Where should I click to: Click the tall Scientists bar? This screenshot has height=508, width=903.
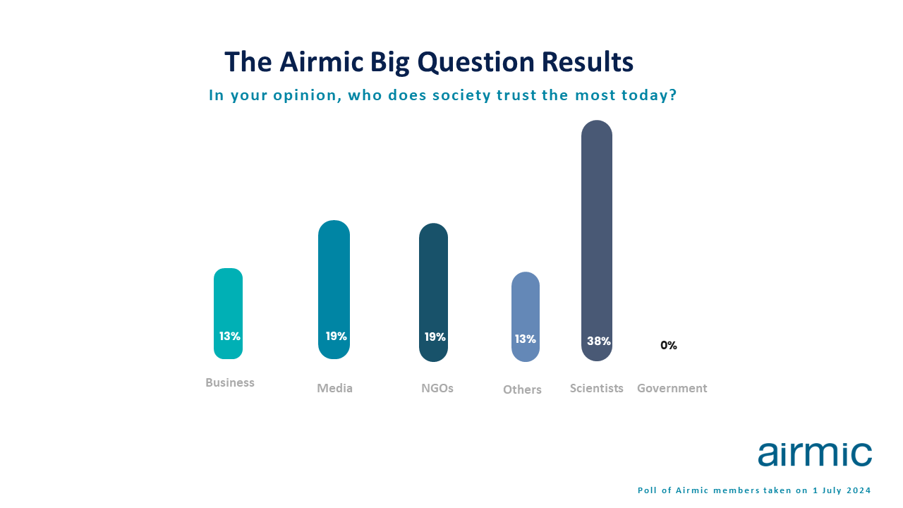point(597,241)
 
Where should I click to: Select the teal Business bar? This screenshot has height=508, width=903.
point(228,313)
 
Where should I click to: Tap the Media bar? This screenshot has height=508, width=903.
point(334,289)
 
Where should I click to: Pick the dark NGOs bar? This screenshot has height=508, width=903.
point(433,292)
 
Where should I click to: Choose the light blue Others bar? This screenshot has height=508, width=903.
point(526,317)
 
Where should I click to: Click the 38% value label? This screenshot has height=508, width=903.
point(599,341)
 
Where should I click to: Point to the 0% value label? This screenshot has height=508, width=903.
point(668,345)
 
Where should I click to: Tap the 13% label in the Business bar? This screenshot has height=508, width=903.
point(230,336)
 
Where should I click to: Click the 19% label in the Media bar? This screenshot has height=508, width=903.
point(337,336)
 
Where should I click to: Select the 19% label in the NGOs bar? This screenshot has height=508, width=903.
point(435,337)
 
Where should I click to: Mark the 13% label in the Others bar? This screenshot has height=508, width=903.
point(526,339)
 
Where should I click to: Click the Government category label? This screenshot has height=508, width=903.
point(672,388)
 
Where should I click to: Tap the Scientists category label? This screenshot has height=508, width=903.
point(597,388)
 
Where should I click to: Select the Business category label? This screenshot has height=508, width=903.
point(230,382)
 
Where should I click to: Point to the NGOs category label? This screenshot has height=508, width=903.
point(437,388)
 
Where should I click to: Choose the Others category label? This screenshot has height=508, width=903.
point(522,389)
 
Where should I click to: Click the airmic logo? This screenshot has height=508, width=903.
point(815,455)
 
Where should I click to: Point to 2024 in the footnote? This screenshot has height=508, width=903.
point(859,490)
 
